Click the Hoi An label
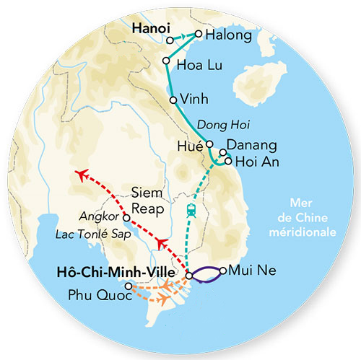(255, 161)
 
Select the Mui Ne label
(248, 271)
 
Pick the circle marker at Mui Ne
(223, 271)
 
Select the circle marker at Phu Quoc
(129, 286)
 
